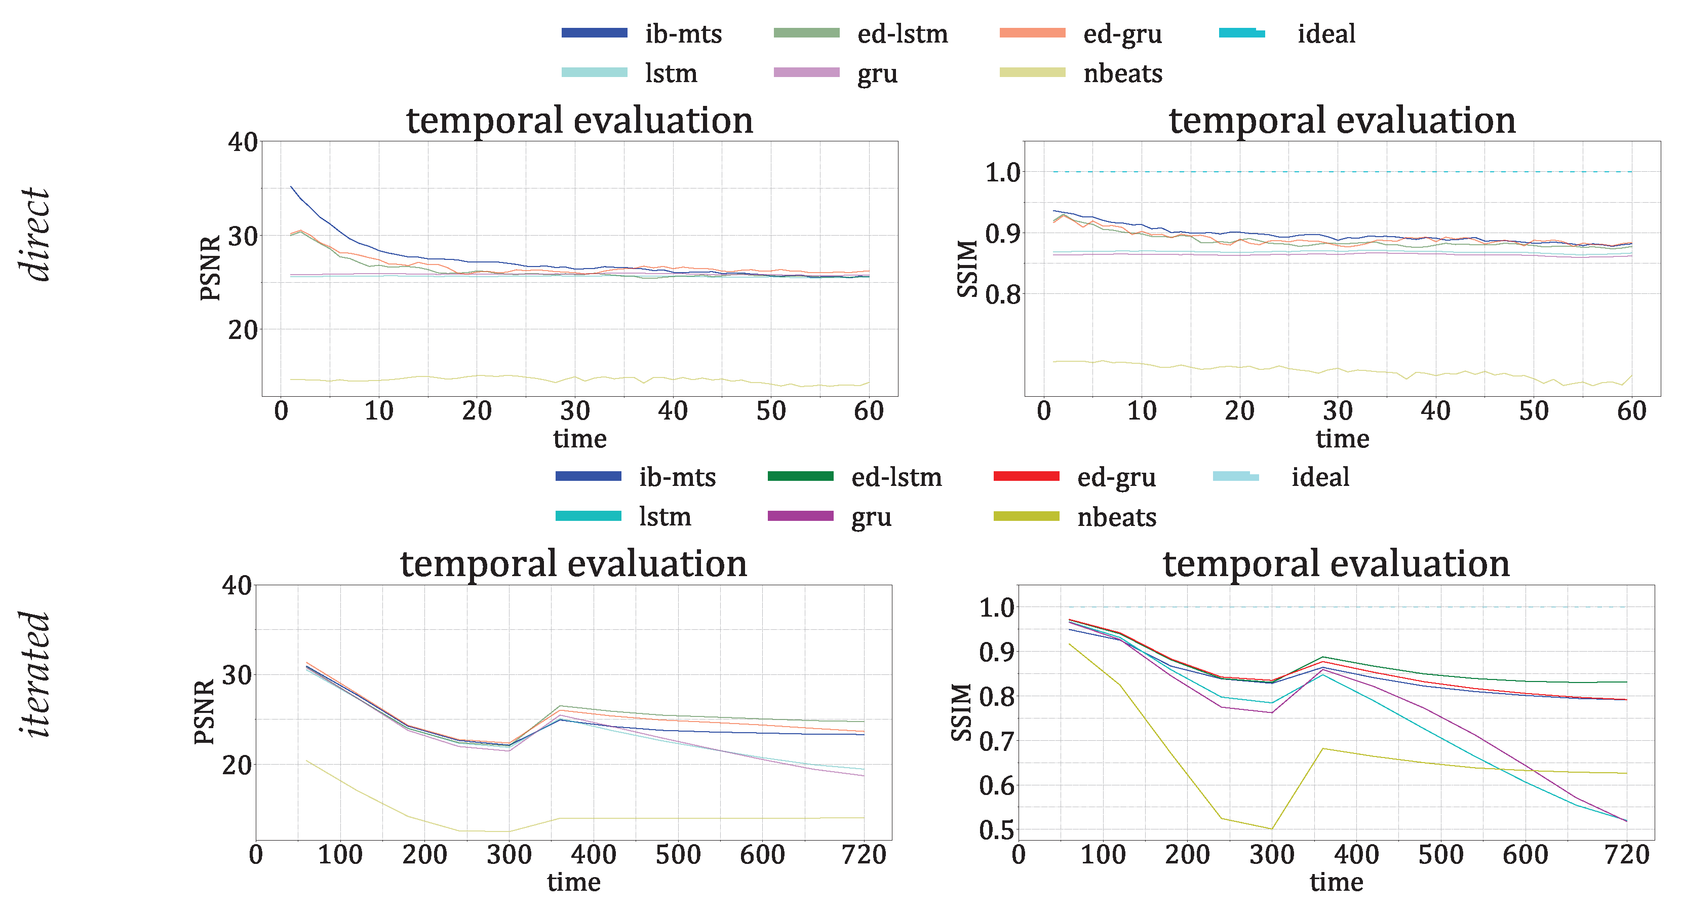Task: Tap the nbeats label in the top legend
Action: (1122, 73)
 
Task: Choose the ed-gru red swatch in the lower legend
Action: (1026, 477)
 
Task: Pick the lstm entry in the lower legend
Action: (664, 516)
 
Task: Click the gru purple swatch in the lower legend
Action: (800, 516)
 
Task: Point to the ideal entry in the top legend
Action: (1325, 33)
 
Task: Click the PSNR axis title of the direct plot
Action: (210, 268)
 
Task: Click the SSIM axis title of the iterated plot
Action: (961, 712)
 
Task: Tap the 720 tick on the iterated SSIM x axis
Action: (1626, 854)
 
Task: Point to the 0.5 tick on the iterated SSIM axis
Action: (996, 830)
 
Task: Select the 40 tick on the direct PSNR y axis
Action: (242, 142)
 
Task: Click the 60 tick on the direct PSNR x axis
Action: (869, 411)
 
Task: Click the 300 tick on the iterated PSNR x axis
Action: (509, 854)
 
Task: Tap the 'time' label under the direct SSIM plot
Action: (1342, 438)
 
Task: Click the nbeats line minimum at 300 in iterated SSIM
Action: (1272, 828)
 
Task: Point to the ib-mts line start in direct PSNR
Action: (291, 187)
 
